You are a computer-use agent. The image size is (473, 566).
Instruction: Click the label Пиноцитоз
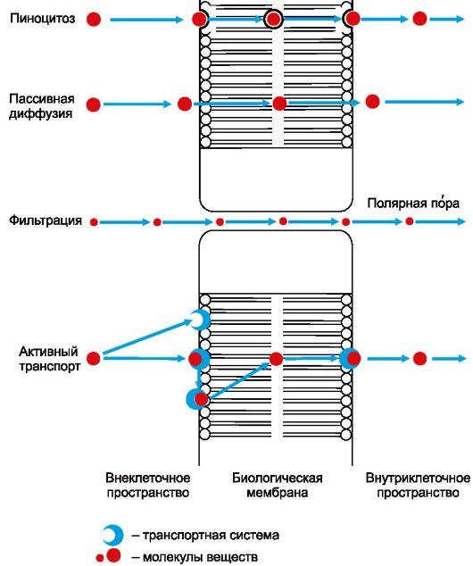tap(42, 18)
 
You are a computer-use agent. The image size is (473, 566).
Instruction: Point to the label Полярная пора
tap(413, 204)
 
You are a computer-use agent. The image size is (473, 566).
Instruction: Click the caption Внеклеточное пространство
tap(148, 485)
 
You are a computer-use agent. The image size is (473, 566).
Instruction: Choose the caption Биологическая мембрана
tap(277, 485)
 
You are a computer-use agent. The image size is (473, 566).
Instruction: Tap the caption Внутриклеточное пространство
tap(418, 485)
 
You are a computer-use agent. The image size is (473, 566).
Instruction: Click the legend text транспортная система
tap(204, 536)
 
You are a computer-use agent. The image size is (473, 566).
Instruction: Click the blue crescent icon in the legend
tap(112, 536)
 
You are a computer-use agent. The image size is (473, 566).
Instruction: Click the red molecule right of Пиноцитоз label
tap(94, 19)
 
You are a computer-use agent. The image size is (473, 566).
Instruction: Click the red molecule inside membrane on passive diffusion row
tap(279, 104)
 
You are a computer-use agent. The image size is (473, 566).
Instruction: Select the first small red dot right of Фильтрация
tap(94, 221)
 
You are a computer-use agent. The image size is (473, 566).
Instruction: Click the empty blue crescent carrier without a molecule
tap(200, 320)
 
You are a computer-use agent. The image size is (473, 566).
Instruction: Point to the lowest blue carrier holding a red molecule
tap(197, 399)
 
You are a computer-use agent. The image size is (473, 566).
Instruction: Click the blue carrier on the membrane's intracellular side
tap(350, 359)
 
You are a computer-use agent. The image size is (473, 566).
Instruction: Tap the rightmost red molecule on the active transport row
tap(419, 359)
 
